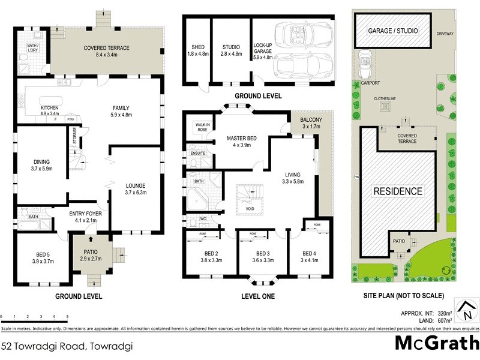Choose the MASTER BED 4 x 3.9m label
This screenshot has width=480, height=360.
[x=242, y=142]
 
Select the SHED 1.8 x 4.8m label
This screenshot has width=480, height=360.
[x=197, y=50]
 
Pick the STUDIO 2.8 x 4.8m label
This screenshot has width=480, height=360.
[x=230, y=50]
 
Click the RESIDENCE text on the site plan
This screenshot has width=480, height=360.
[x=398, y=191]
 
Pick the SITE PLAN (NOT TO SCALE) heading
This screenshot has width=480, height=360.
[x=403, y=296]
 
